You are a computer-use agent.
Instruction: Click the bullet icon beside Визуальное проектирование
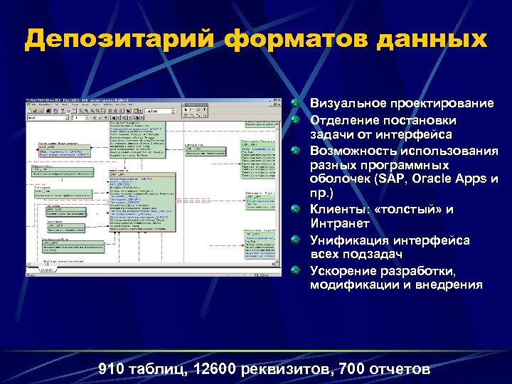point(297,104)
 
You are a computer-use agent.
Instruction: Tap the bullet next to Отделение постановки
point(297,119)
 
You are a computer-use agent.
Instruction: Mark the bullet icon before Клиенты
point(297,210)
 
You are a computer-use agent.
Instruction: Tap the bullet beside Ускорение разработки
point(297,271)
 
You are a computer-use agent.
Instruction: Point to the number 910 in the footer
point(111,369)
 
